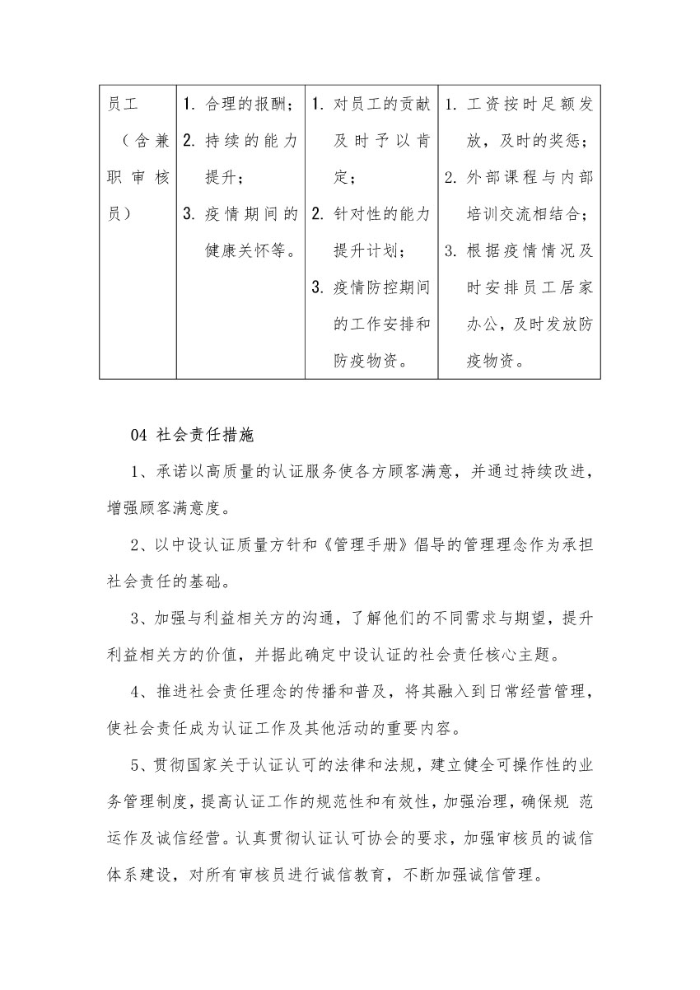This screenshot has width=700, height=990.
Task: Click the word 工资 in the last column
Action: tap(481, 105)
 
